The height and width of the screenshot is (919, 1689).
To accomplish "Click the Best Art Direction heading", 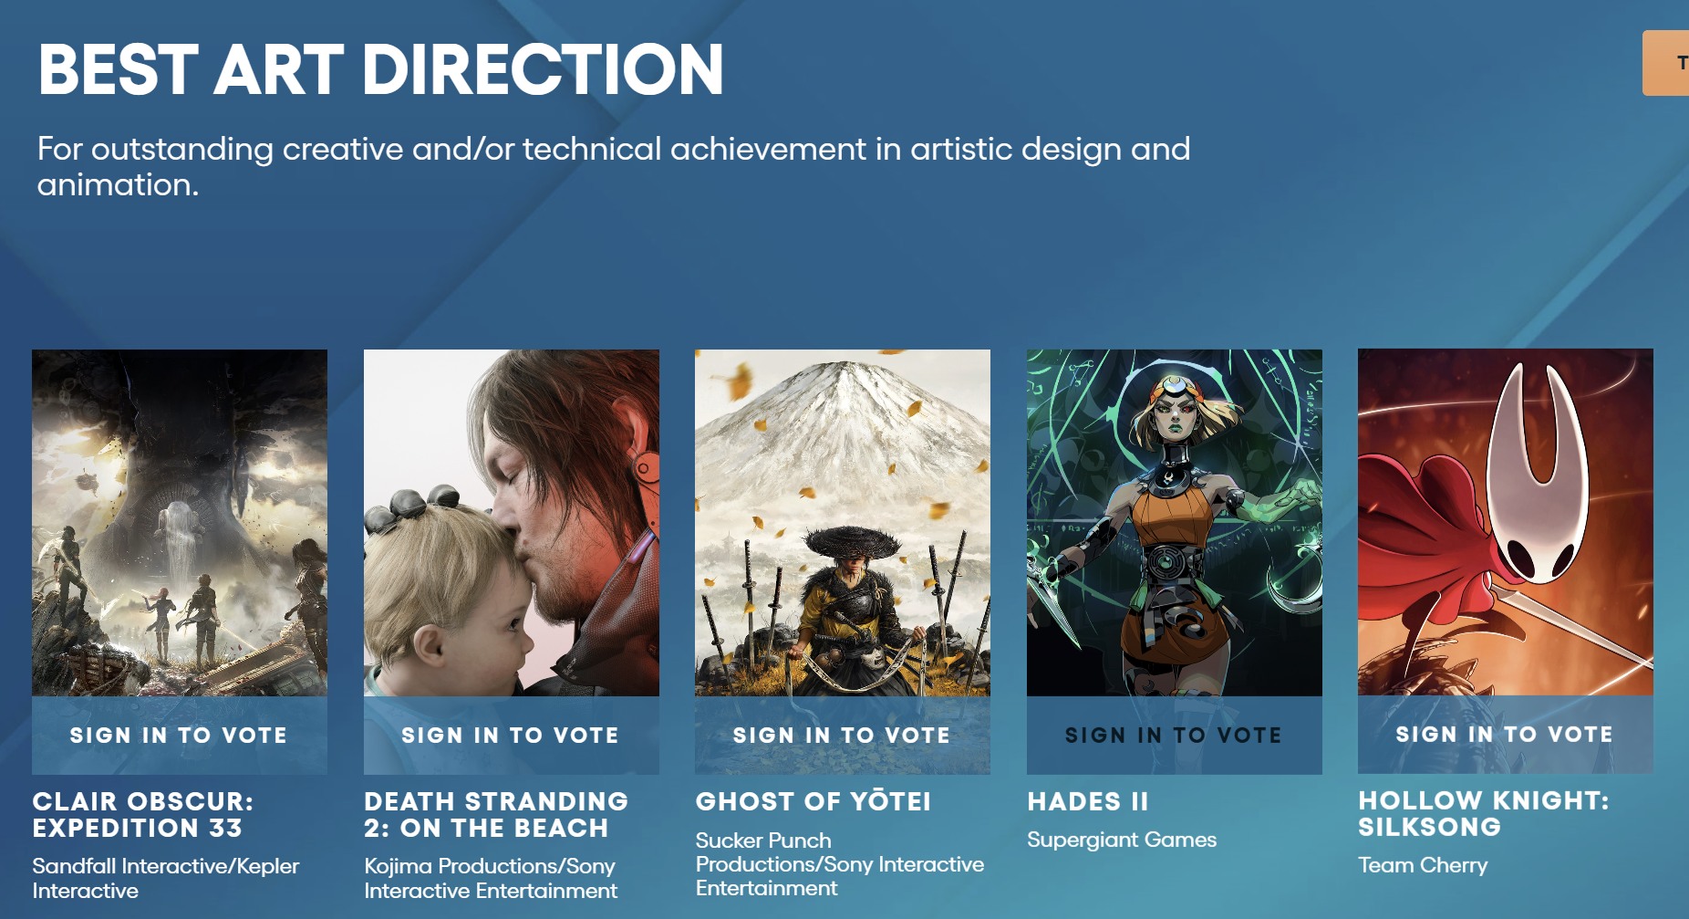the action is pyautogui.click(x=380, y=69).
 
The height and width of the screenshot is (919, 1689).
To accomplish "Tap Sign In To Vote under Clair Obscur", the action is pyautogui.click(x=179, y=735).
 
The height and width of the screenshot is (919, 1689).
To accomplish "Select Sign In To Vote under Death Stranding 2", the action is pyautogui.click(x=511, y=735).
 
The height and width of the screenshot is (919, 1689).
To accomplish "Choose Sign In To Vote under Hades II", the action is pyautogui.click(x=1174, y=735).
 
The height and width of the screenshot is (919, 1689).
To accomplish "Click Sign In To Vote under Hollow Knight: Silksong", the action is pyautogui.click(x=1505, y=734).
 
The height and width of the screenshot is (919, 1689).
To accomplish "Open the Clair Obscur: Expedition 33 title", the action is pyautogui.click(x=143, y=814).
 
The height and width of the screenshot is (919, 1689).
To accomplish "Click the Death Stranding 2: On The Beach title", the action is pyautogui.click(x=496, y=814).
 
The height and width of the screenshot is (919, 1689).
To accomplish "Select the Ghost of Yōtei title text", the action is pyautogui.click(x=813, y=801).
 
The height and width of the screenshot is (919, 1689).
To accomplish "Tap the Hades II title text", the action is pyautogui.click(x=1088, y=801).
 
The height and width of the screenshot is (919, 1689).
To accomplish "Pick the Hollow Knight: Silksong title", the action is pyautogui.click(x=1484, y=813).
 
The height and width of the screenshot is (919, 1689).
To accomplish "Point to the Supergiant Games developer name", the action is pyautogui.click(x=1122, y=840).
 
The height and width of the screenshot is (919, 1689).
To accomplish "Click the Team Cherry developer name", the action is pyautogui.click(x=1423, y=865).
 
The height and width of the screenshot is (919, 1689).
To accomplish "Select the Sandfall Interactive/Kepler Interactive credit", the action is pyautogui.click(x=166, y=878).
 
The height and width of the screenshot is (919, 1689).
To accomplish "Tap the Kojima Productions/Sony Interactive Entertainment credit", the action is pyautogui.click(x=491, y=878).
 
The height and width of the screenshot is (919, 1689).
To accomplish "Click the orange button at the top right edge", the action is pyautogui.click(x=1666, y=63).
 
